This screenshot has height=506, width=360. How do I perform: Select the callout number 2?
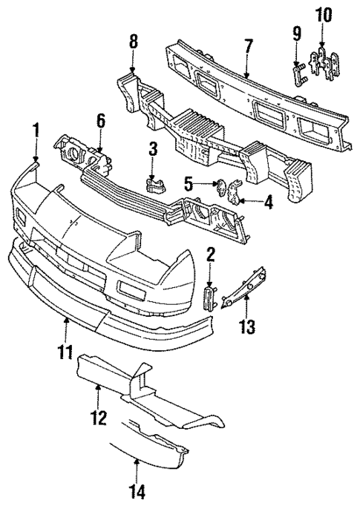point(210,256)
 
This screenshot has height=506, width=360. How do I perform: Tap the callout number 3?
point(151,148)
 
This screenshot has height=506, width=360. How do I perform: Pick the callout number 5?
point(189,180)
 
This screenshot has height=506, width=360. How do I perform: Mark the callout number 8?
point(133,42)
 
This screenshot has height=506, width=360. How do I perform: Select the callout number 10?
point(323,16)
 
